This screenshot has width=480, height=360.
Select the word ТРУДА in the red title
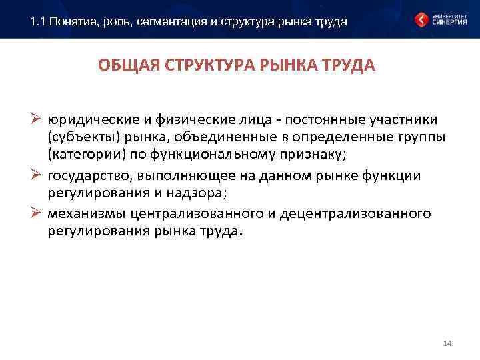point(343,67)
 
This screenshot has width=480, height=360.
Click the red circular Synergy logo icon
point(422,19)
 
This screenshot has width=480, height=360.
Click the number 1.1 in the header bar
point(38,21)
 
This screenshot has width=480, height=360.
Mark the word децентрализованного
point(355,213)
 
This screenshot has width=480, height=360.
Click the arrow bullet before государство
point(37,175)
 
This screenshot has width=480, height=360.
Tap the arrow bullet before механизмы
point(37,213)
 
